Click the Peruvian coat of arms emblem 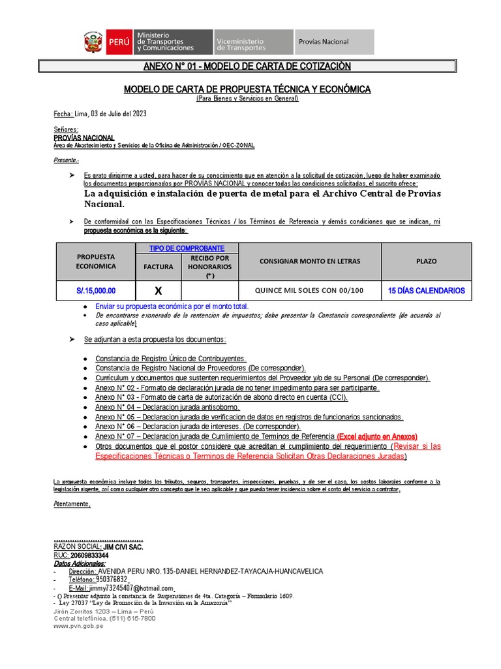pos(93,42)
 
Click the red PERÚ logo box pos(118,42)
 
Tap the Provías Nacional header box pos(334,42)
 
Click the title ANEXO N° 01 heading pos(247,67)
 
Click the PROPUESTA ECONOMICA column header pos(95,261)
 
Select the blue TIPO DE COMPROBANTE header pos(187,248)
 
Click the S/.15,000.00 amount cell pos(95,291)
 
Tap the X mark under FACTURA pos(158,291)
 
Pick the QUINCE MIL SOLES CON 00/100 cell pos(310,291)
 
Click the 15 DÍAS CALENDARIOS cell pos(426,291)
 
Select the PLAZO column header pos(427,261)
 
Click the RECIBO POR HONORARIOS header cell pos(210,267)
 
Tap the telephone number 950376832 pos(112,579)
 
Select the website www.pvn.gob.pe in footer pos(78,625)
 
